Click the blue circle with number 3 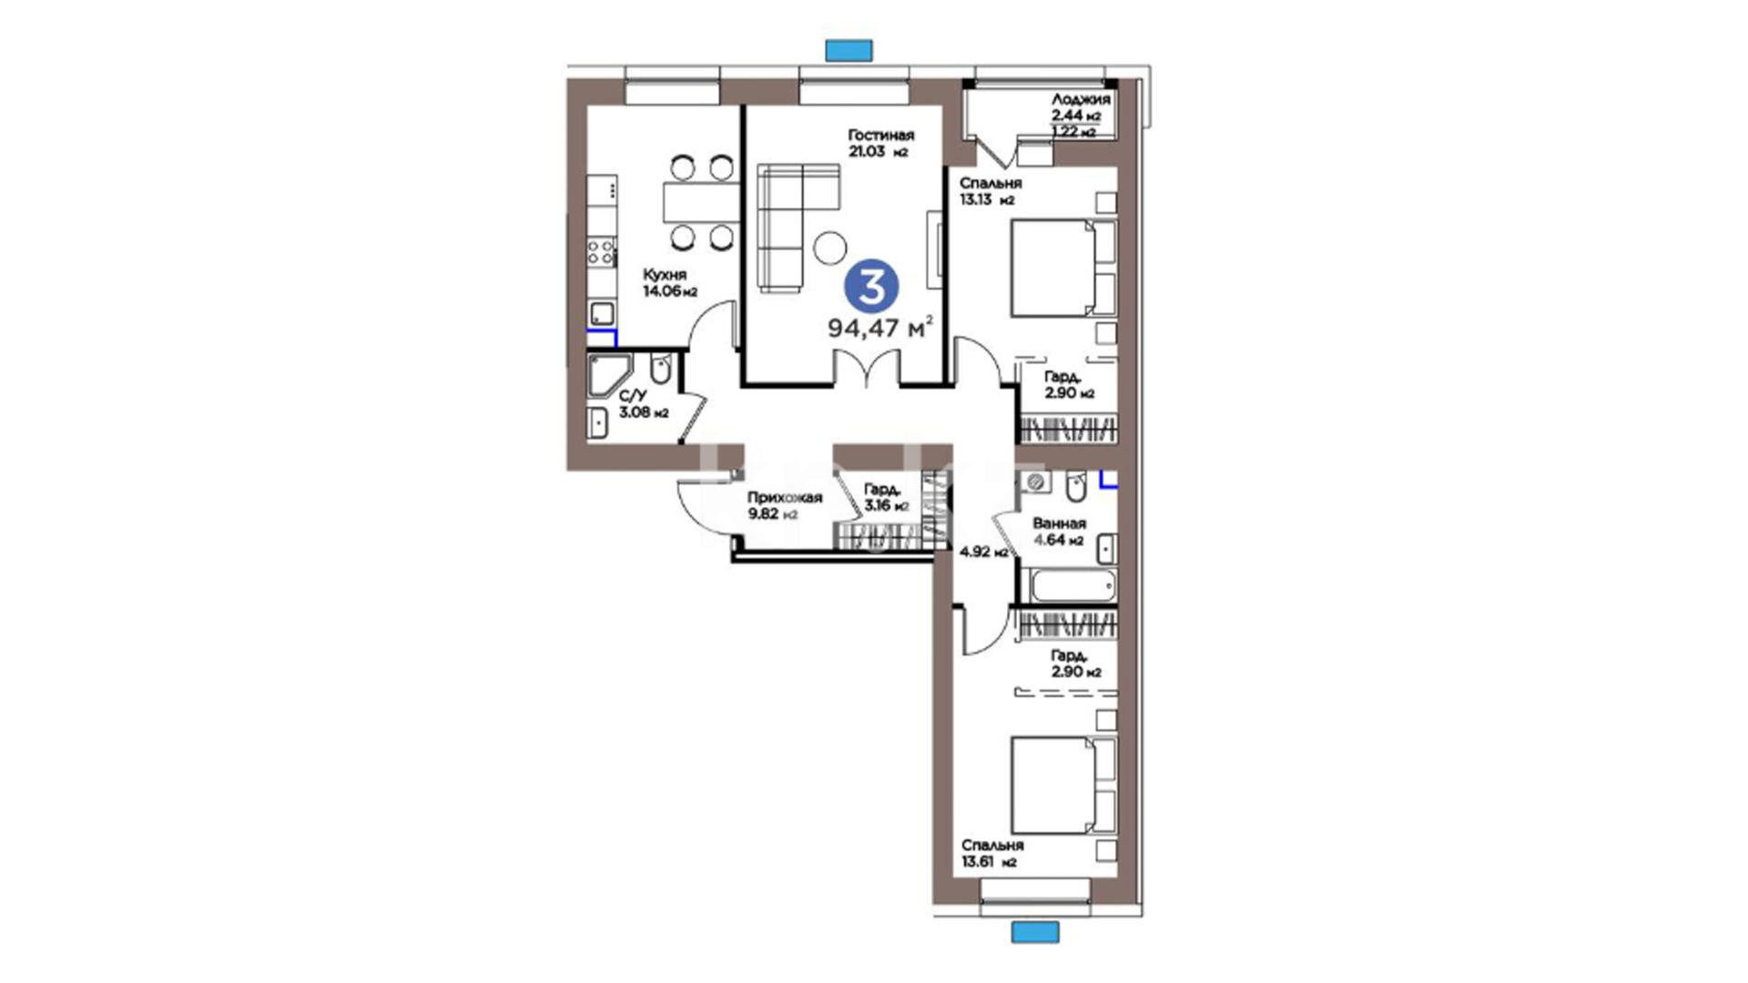[x=871, y=289]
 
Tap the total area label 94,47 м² [x=880, y=328]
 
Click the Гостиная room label [x=880, y=136]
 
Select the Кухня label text [x=665, y=275]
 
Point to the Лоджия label [x=1081, y=100]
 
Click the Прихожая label [x=785, y=498]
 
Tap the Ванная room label [x=1059, y=524]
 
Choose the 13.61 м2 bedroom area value [x=988, y=863]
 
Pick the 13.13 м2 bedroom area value [x=987, y=200]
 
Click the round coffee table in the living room [x=830, y=248]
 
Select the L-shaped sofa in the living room [x=798, y=228]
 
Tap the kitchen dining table [x=700, y=202]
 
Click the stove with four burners [x=602, y=250]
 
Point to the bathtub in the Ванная [x=1073, y=585]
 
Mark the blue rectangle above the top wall [x=849, y=50]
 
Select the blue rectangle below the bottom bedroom [x=1036, y=932]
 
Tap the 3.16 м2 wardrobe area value [x=886, y=506]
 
